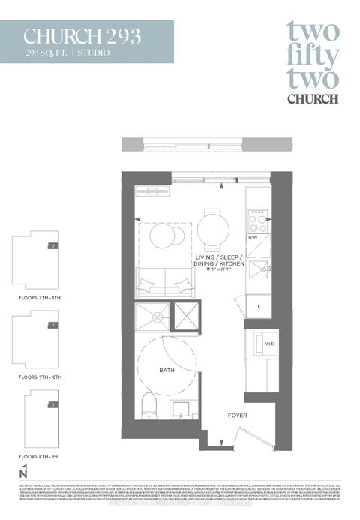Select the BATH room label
coord(166,370)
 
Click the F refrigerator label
coord(259,306)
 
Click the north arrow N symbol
coord(24,473)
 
